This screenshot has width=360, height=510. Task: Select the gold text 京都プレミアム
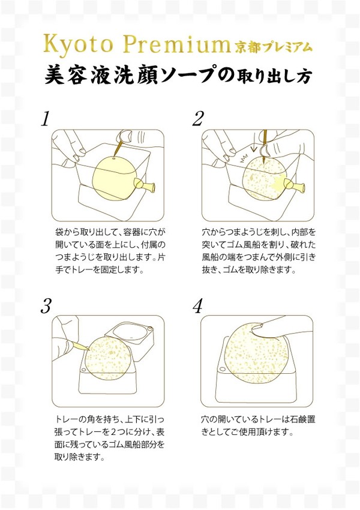274,47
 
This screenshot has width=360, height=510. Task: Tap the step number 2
198,119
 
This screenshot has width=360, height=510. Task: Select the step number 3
47,307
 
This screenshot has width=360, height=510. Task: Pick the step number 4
197,307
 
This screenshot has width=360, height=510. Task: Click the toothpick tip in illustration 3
88,350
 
